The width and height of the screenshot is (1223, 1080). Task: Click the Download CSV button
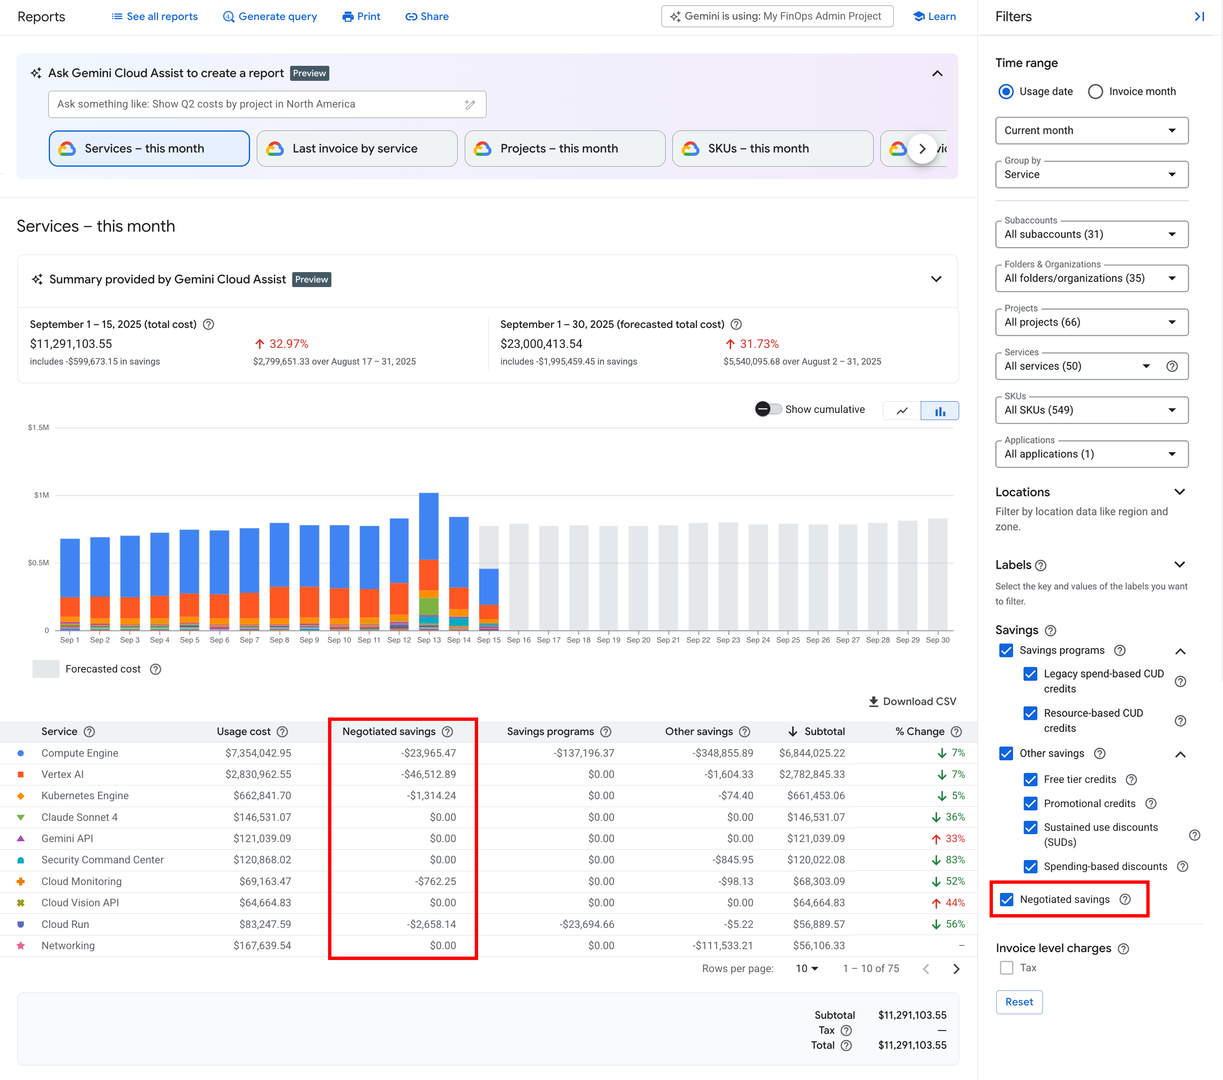912,702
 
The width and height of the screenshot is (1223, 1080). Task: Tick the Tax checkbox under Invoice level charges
1006,967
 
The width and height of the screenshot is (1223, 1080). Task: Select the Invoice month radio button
1095,92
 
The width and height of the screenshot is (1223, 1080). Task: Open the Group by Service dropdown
1091,175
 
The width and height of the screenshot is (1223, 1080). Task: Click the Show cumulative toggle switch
768,409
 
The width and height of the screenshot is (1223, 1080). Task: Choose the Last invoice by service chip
357,148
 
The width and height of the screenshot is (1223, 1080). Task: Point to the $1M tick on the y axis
41,495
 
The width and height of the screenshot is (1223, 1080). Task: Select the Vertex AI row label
62,775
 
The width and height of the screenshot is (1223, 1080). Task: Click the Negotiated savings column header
389,731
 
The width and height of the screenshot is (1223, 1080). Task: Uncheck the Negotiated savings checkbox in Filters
1007,900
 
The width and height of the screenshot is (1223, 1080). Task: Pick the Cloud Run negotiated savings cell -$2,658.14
431,924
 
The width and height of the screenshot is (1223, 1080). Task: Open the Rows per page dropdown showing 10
807,969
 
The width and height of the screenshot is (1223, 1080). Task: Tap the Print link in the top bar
361,17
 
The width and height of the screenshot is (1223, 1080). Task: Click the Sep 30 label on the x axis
937,640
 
